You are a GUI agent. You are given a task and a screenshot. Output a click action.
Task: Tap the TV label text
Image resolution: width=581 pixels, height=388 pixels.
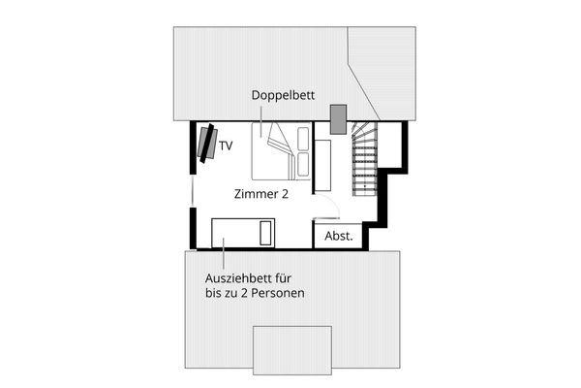(226, 146)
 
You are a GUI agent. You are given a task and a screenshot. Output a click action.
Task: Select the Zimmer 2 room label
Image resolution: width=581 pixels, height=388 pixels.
(261, 194)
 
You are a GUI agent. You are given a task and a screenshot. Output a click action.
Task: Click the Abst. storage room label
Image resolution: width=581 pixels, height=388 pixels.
(338, 236)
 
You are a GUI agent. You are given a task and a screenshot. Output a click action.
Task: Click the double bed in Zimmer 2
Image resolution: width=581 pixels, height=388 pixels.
(281, 151)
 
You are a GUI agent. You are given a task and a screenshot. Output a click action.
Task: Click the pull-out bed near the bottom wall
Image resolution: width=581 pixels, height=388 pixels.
(243, 233)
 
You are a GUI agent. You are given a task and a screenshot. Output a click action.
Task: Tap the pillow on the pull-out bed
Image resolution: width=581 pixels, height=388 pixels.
(267, 233)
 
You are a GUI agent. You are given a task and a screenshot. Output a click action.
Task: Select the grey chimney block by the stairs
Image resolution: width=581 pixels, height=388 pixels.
(338, 118)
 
